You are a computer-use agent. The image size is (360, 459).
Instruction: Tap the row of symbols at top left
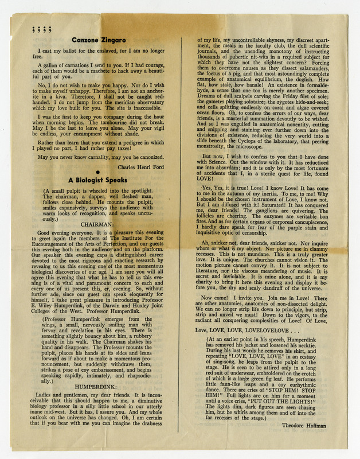pos(41,30)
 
